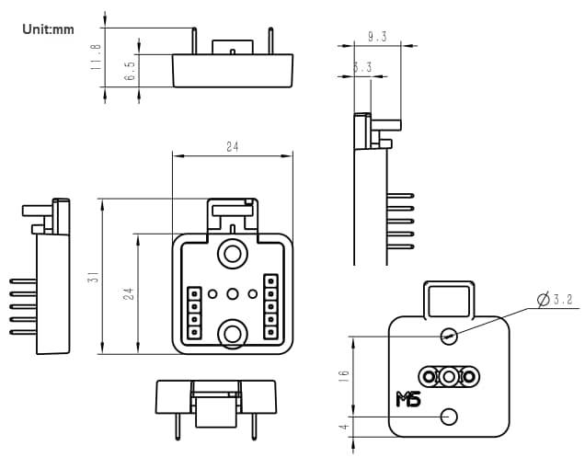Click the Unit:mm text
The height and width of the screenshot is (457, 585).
tap(47, 29)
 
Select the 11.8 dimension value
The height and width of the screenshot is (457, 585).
tap(97, 57)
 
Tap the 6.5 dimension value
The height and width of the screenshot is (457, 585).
tap(131, 72)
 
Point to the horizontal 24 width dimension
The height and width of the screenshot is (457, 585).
tap(233, 147)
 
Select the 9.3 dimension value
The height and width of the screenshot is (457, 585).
tap(376, 37)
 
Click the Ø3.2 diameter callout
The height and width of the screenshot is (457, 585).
tap(557, 299)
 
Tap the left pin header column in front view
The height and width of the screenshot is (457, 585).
tap(194, 313)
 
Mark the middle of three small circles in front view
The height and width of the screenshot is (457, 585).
tap(233, 294)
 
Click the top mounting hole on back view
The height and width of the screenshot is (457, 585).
tap(449, 336)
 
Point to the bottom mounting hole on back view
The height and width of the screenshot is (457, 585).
tap(449, 417)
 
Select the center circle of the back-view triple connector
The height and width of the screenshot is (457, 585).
tap(449, 376)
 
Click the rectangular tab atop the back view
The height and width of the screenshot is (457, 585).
tap(449, 298)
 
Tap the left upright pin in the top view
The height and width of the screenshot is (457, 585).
tap(195, 41)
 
